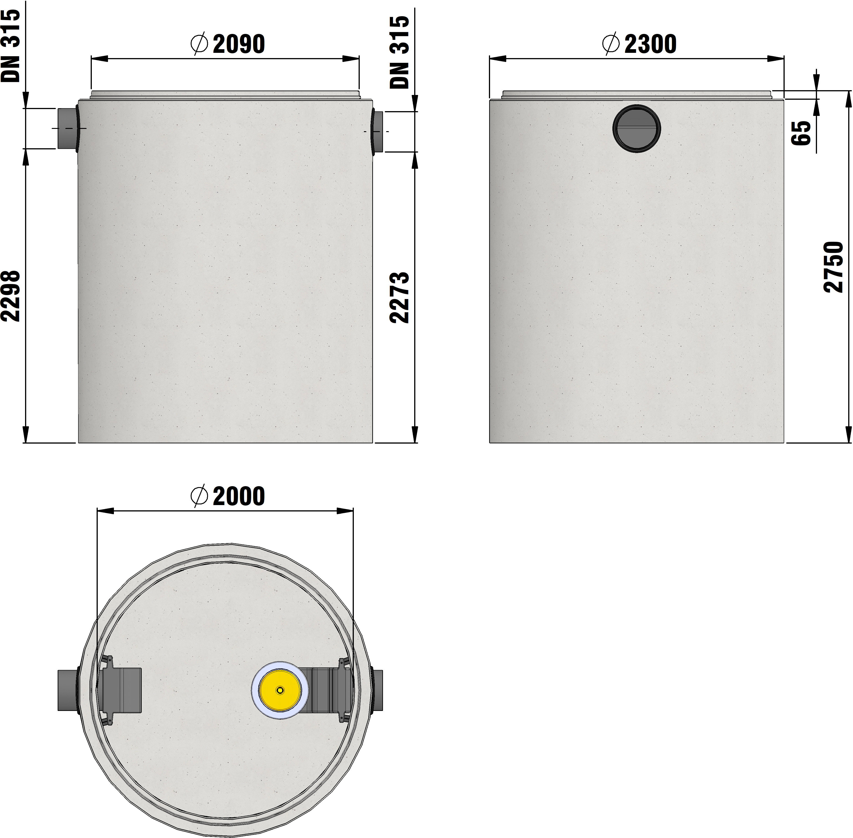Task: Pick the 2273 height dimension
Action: [400, 298]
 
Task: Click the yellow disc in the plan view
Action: [280, 690]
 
